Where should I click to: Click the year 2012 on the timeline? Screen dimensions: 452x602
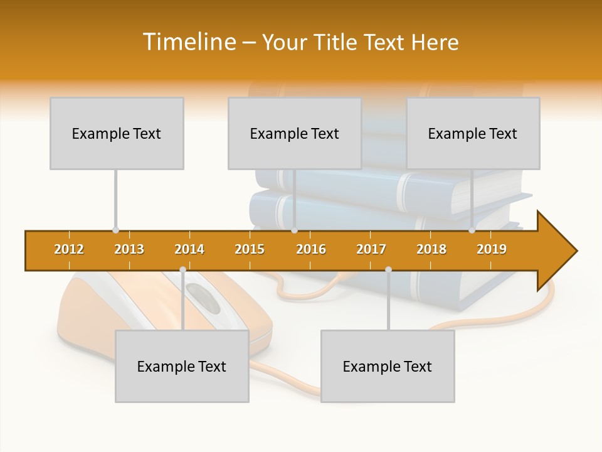pos(69,249)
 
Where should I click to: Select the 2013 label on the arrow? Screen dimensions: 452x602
pos(129,249)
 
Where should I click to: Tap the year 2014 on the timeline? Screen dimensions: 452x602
pos(189,249)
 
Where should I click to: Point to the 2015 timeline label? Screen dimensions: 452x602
pos(250,249)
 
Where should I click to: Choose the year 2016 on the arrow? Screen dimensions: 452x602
pos(311,249)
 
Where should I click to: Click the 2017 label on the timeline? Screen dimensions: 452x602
pos(371,249)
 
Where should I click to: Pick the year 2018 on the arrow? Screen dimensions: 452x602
pos(431,249)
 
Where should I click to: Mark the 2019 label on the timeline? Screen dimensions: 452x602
pos(492,249)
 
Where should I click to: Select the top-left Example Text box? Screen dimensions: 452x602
pos(117,134)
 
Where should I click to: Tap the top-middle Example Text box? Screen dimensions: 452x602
pos(295,134)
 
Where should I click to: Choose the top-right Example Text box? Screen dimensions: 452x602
pos(473,134)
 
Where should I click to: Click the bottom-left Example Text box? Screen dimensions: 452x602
pos(182,367)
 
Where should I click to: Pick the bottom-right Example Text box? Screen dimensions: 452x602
pos(388,367)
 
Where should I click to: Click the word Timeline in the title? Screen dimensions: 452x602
pos(188,42)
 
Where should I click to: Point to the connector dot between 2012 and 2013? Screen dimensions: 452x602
pos(115,230)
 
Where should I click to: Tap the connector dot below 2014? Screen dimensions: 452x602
pos(182,270)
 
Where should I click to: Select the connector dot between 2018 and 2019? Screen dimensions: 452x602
pos(472,230)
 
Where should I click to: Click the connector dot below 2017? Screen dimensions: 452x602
pos(388,270)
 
